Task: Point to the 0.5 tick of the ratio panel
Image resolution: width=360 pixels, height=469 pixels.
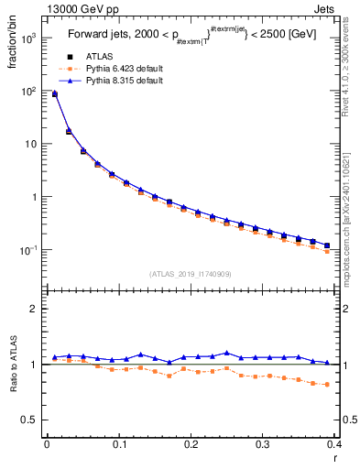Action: pyautogui.click(x=32, y=420)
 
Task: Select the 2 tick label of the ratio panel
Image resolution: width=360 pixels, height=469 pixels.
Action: pyautogui.click(x=36, y=309)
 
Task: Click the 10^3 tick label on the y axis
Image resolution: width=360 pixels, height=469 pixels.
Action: pyautogui.click(x=30, y=38)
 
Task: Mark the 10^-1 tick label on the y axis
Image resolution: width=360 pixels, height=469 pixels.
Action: pyautogui.click(x=30, y=250)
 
